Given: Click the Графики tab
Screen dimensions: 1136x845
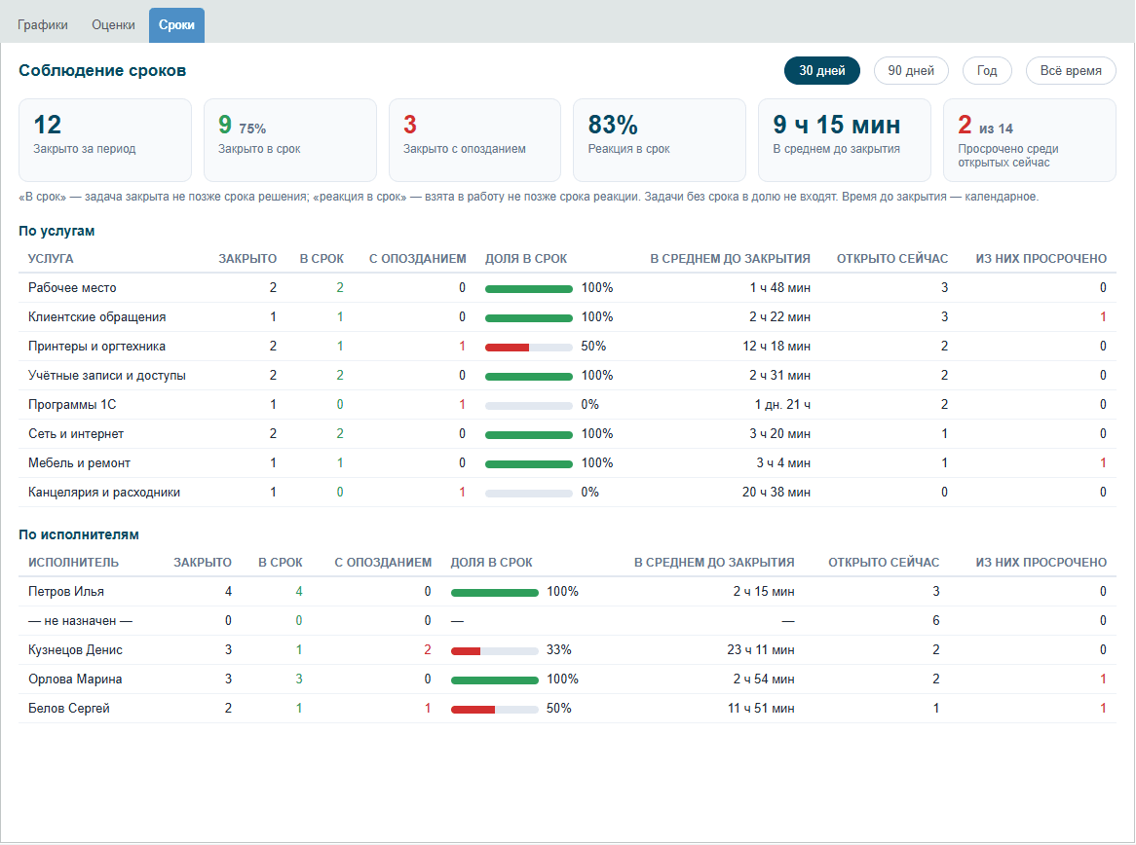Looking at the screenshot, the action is [x=43, y=24].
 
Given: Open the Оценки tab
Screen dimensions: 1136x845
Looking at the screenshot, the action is [x=113, y=24].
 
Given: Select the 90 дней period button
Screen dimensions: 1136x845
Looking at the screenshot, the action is [x=911, y=70].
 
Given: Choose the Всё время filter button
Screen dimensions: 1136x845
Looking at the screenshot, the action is [x=1071, y=70].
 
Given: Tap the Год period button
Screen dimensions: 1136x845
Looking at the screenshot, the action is [x=987, y=70].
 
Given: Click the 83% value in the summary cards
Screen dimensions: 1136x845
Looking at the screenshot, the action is [x=613, y=125].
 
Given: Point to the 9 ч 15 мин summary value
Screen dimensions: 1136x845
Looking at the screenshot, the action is [x=837, y=125].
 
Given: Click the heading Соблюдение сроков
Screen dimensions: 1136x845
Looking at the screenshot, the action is [x=102, y=70].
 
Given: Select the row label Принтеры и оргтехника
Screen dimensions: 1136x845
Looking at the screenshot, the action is [x=96, y=347].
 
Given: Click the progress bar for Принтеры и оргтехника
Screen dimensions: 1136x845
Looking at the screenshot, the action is [x=529, y=348].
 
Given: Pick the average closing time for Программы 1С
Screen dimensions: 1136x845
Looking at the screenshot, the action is [x=782, y=405].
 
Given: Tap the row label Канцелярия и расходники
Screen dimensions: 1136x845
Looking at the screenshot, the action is [x=103, y=493].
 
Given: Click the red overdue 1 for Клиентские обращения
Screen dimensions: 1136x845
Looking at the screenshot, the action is [x=1103, y=317].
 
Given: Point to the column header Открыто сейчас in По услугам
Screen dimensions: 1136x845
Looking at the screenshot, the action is [x=891, y=259].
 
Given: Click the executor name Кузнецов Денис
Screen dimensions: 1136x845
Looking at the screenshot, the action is [x=75, y=650].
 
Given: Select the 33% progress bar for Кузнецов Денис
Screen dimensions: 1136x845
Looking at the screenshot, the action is [x=494, y=651].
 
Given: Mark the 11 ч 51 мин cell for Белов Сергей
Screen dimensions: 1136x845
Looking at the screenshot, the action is [x=761, y=708].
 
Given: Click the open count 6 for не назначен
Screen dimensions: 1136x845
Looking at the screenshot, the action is [x=935, y=620].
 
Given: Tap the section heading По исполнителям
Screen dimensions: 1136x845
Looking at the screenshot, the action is [x=79, y=534].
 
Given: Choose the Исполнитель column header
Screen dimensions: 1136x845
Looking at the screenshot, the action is [x=73, y=562].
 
